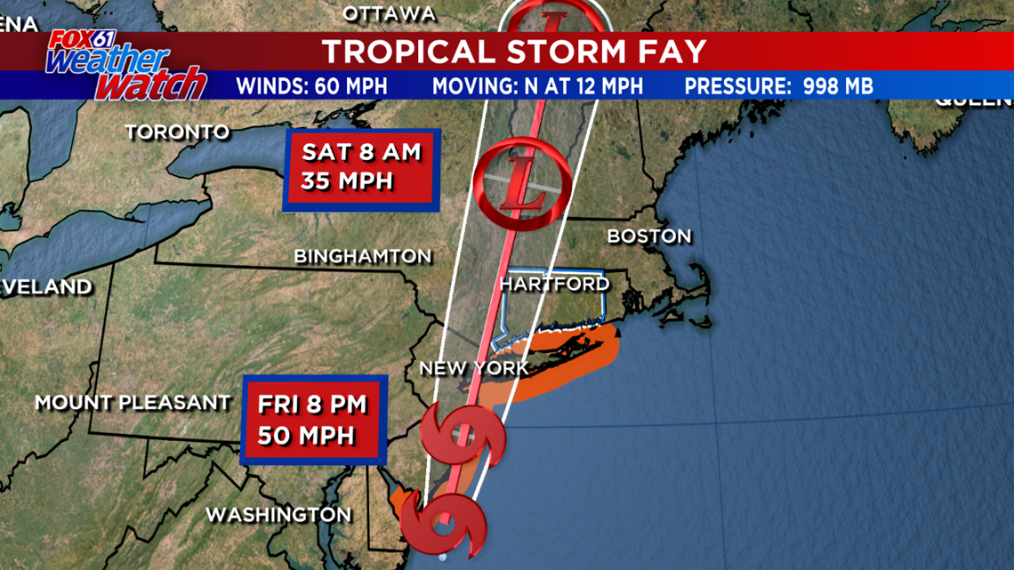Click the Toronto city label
tap(177, 132)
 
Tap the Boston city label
tap(648, 237)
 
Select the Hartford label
tap(554, 285)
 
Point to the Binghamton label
tap(362, 257)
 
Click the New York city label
tap(473, 368)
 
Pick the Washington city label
tap(278, 515)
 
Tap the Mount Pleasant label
tap(133, 403)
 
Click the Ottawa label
tap(389, 13)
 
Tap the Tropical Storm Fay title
tap(514, 52)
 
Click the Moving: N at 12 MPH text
tap(537, 86)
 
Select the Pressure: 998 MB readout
tap(778, 86)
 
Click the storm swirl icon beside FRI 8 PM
tap(463, 434)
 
